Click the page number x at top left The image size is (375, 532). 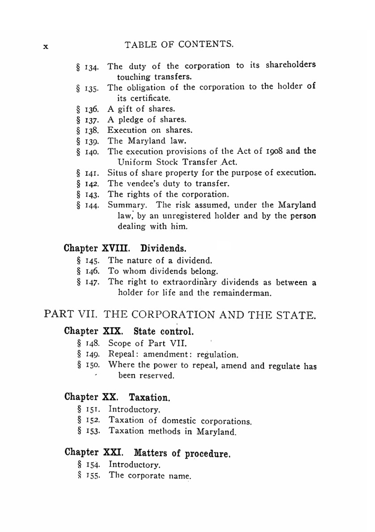[46, 47]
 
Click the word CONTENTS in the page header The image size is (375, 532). [206, 44]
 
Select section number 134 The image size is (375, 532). [91, 68]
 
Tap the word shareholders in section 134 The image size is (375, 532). [291, 65]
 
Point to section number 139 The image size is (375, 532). [91, 141]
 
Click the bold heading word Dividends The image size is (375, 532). [163, 248]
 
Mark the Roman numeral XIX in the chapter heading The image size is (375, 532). [112, 331]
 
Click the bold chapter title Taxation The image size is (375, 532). [150, 397]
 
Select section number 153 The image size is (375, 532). [92, 431]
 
